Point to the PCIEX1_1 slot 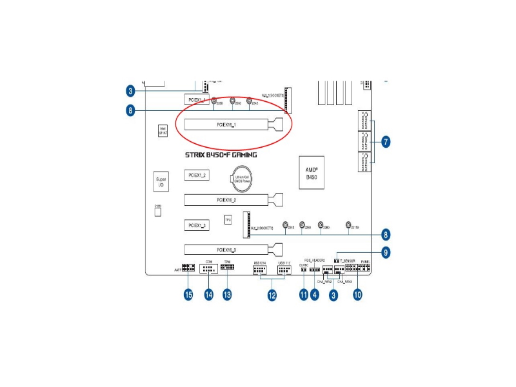click(x=195, y=100)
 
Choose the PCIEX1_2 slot click(x=195, y=175)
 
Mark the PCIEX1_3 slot click(x=195, y=225)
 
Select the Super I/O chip click(x=161, y=182)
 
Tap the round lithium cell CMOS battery click(x=243, y=179)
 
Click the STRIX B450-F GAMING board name click(x=221, y=155)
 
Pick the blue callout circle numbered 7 click(x=386, y=142)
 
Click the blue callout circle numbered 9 click(x=386, y=252)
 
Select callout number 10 click(x=357, y=295)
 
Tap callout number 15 click(x=188, y=295)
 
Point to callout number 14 click(x=209, y=295)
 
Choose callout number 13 click(x=227, y=295)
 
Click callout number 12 click(x=272, y=295)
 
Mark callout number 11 click(x=304, y=295)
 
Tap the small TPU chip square click(x=228, y=220)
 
